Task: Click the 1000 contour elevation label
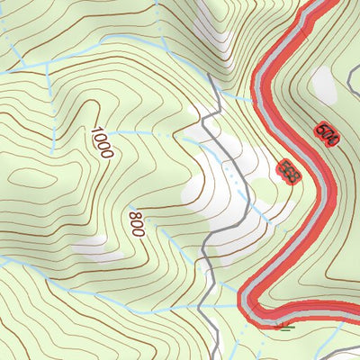[x=101, y=142]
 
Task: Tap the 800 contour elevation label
[x=136, y=224]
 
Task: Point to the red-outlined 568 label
[x=289, y=171]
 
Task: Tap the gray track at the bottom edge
[x=217, y=353]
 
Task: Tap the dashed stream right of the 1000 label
[x=144, y=132]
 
